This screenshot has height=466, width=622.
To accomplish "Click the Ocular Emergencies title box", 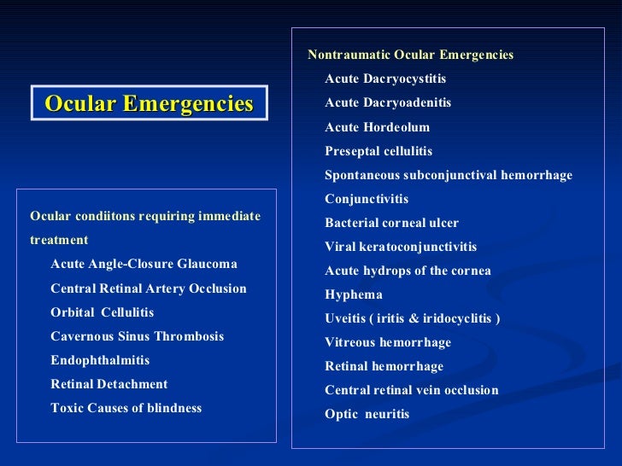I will pos(150,103).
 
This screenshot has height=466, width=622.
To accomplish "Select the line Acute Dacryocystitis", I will pos(385,79).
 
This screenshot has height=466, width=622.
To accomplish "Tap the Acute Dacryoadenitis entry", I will pos(388,102).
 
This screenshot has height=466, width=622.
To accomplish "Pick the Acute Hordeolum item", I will pos(377,127).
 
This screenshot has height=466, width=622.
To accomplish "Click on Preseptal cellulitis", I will pos(378,151).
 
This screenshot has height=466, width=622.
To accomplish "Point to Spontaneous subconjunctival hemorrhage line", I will pos(448,175).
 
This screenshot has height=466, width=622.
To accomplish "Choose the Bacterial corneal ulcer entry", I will pos(391,223).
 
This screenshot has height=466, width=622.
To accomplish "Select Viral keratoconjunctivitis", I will pos(401,247).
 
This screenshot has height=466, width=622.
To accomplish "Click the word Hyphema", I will pos(353,294).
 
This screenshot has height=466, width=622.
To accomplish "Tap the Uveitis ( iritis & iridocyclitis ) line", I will pos(412,318).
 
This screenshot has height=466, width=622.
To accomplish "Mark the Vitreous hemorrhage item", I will pos(388,342).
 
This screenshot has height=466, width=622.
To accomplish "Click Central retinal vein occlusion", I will pos(411,390).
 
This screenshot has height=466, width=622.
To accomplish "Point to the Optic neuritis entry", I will pos(367,414).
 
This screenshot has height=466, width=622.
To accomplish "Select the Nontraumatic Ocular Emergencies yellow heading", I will pos(410,55).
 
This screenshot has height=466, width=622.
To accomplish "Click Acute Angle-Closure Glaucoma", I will pos(144,264).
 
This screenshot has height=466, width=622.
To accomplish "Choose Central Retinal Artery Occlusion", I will pos(149,288).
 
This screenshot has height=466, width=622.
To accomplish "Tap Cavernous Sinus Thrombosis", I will pos(137,336).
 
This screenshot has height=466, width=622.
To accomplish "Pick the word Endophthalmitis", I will pos(100,360).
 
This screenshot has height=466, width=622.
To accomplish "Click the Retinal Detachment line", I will pos(109,384).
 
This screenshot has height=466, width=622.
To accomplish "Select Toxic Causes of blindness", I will pos(126,408).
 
